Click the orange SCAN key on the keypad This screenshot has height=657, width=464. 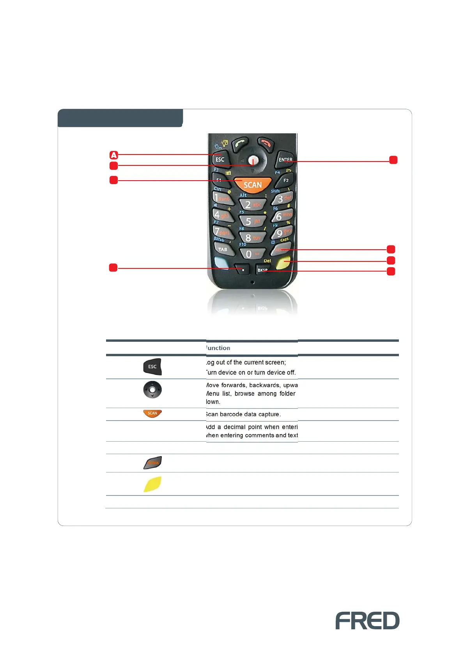point(253,185)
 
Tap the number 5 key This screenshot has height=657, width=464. point(252,222)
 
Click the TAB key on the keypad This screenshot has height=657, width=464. point(223,249)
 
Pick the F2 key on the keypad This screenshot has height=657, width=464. point(285,180)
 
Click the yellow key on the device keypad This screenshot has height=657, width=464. point(284,264)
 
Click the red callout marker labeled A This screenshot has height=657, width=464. point(113,155)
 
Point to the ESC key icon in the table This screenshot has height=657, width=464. point(152,367)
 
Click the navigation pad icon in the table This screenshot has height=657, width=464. point(152,389)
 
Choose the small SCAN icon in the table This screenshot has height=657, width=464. point(152,414)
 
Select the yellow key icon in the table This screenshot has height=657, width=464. point(152,484)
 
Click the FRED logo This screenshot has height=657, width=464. point(367,620)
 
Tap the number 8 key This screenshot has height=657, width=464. point(252,237)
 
